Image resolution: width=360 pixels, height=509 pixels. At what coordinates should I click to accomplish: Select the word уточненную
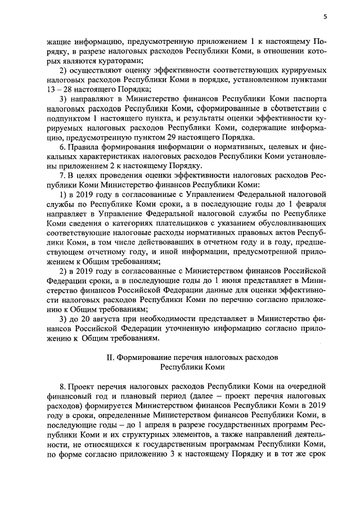pyautogui.click(x=172, y=328)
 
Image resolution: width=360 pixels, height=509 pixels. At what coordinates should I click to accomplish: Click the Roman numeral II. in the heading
pyautogui.click(x=111, y=357)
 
